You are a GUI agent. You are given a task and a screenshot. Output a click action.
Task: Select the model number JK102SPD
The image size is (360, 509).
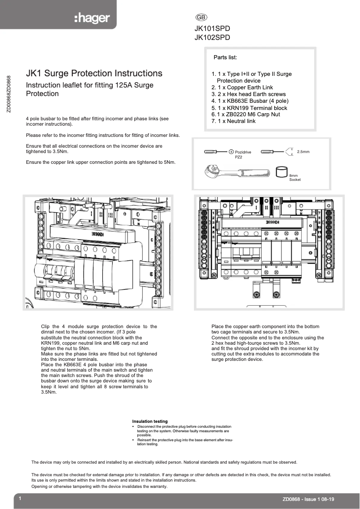pos(212,38)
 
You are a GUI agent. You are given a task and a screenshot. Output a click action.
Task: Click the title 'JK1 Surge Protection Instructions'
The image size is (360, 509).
pos(94,73)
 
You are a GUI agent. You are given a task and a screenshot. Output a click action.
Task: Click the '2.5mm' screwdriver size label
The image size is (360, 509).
pos(303,152)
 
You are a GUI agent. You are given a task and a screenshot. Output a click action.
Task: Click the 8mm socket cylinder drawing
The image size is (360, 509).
pos(281,171)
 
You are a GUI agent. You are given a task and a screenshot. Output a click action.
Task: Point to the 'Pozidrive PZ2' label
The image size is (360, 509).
pos(242,155)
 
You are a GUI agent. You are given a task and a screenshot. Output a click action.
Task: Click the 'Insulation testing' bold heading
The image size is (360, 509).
pos(149,421)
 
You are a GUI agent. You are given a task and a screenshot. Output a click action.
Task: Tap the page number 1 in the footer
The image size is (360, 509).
pos(21,499)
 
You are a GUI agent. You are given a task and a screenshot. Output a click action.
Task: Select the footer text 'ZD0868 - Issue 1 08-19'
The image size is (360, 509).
pos(308,499)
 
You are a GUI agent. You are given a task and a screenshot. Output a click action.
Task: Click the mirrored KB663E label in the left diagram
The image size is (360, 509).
pos(98,233)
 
